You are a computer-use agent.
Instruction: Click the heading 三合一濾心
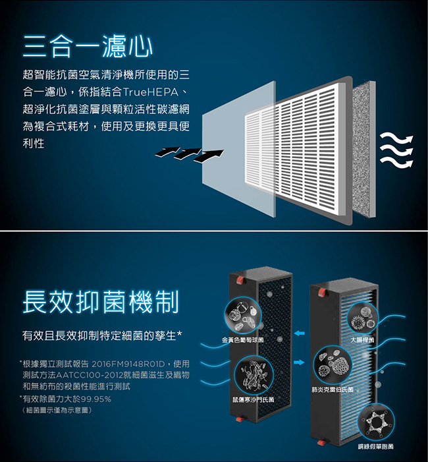tap(88, 46)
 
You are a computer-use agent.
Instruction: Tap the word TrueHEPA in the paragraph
tap(151, 92)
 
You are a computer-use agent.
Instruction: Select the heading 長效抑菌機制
tap(101, 301)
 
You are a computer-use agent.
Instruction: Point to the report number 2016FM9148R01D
tap(128, 364)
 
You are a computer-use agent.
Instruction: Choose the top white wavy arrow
tap(396, 139)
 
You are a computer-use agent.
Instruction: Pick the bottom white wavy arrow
tap(396, 162)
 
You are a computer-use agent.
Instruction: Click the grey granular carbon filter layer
tap(364, 150)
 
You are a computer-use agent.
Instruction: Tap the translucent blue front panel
tap(238, 149)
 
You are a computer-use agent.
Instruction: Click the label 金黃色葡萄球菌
tap(242, 340)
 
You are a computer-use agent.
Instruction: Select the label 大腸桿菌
tap(362, 340)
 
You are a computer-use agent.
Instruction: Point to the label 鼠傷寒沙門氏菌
tap(253, 399)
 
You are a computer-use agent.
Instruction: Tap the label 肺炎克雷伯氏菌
tap(333, 390)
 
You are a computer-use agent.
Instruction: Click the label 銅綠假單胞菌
tap(375, 447)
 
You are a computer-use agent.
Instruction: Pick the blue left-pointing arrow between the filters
tap(300, 333)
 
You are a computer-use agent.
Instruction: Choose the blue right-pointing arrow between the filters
tap(300, 362)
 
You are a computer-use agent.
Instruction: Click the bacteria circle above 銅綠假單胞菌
tap(376, 422)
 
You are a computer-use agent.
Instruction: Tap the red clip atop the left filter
tap(240, 279)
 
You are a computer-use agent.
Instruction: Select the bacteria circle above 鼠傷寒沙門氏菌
tap(254, 375)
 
